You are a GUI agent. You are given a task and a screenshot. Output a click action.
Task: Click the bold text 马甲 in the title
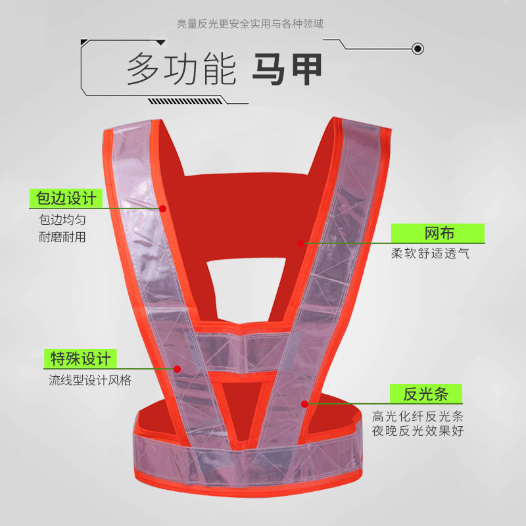(x=287, y=70)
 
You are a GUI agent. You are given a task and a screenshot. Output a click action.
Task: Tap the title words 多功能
(x=181, y=70)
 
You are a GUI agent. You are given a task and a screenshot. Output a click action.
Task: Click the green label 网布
(x=438, y=233)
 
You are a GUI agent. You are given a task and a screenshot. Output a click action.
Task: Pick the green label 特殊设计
(x=80, y=358)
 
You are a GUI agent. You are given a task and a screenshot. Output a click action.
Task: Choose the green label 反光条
(x=425, y=394)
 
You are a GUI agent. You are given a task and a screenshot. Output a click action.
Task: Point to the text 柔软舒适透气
(x=430, y=254)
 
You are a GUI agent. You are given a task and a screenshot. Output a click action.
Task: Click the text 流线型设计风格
(x=89, y=380)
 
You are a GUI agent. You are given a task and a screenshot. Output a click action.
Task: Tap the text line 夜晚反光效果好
(x=418, y=431)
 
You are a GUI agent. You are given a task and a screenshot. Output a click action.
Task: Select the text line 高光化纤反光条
(x=418, y=416)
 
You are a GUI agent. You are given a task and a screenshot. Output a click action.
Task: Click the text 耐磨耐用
(x=62, y=237)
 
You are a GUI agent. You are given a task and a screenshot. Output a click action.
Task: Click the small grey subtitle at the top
(x=250, y=24)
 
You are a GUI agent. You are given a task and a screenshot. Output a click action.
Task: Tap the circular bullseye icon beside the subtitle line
(x=416, y=48)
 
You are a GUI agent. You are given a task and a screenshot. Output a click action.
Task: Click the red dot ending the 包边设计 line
(x=162, y=208)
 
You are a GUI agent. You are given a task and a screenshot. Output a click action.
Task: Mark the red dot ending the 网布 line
(x=300, y=243)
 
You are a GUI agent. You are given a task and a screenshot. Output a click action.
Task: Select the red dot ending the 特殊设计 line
(x=177, y=368)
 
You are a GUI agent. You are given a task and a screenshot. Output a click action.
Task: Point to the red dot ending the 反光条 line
(x=304, y=403)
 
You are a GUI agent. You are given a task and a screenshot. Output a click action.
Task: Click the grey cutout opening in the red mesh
(x=247, y=271)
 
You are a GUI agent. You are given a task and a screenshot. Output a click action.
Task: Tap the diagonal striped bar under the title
(x=187, y=101)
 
